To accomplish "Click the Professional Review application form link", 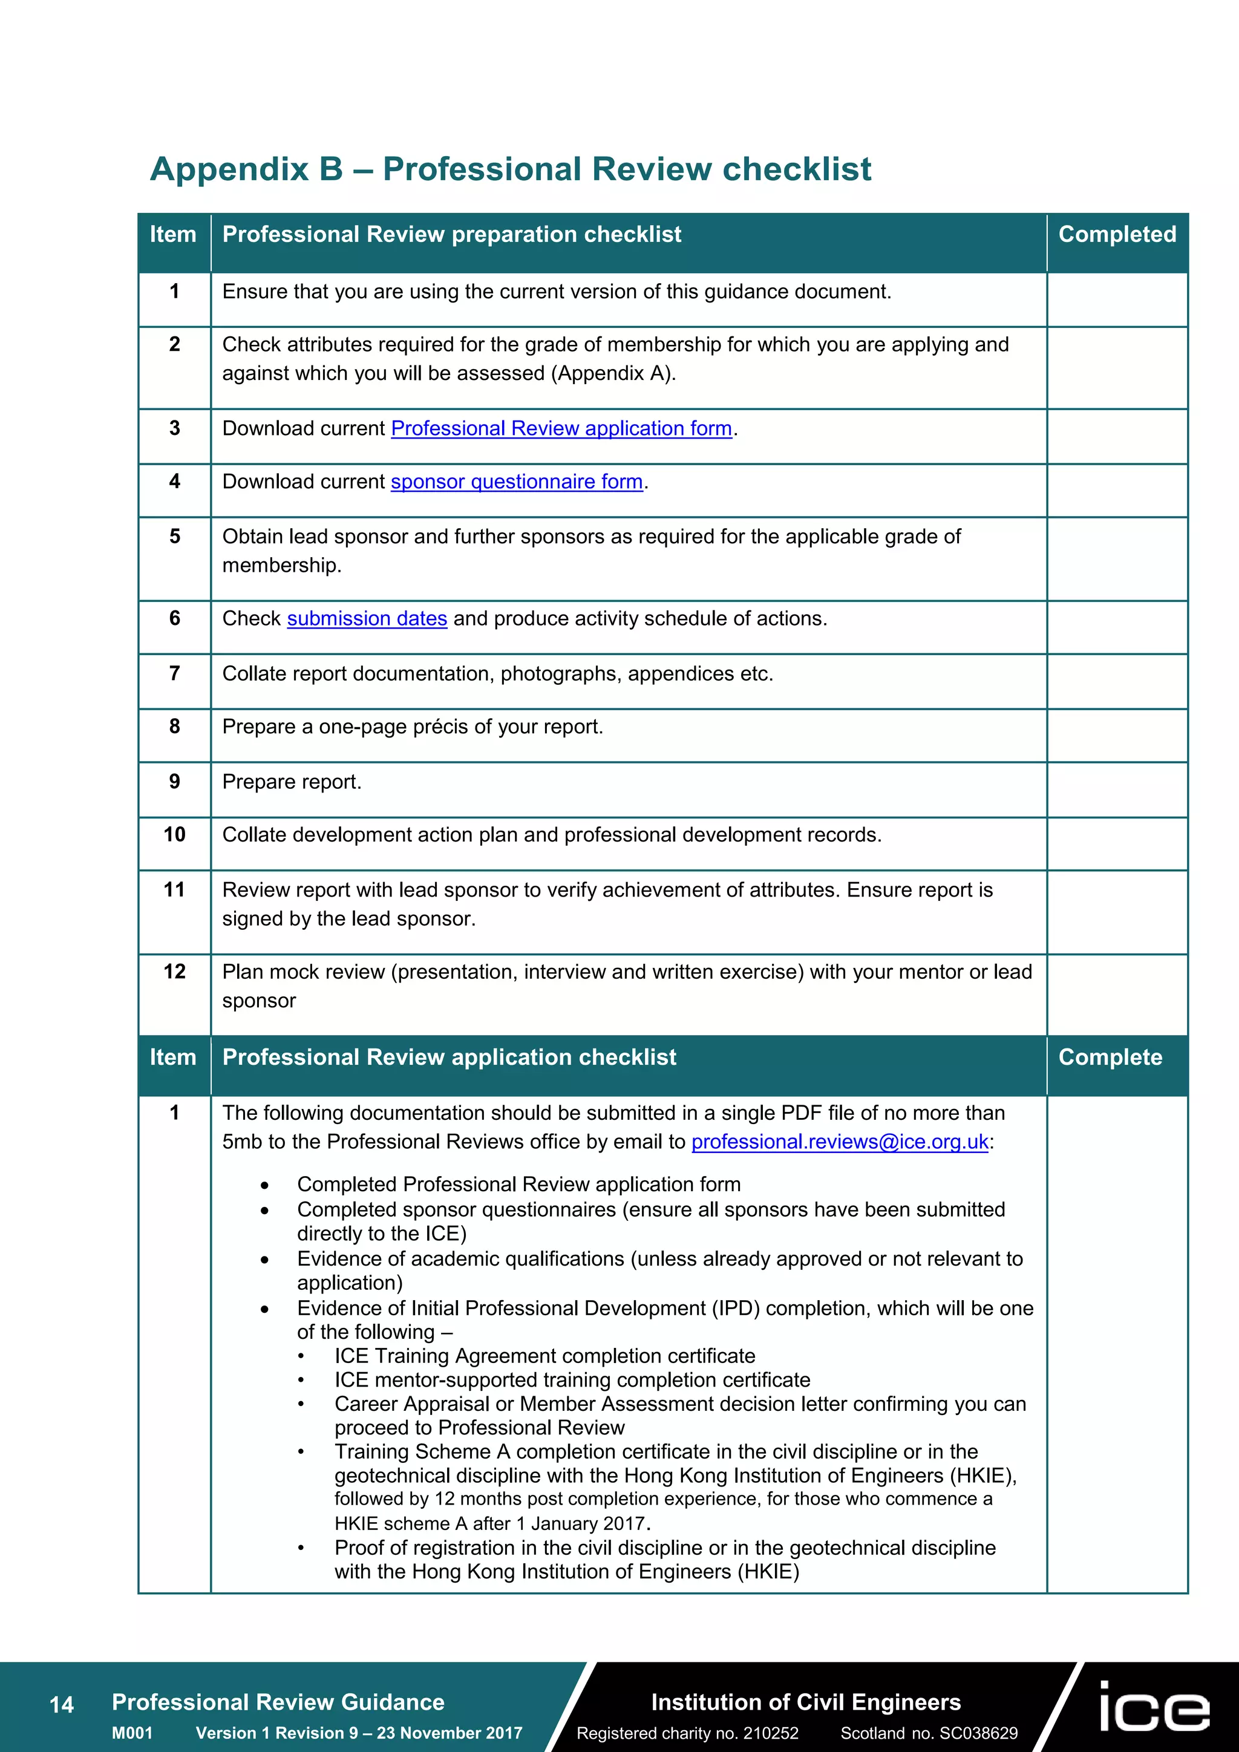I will click(561, 429).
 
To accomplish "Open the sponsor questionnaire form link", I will click(517, 482).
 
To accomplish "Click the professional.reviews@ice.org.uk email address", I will click(839, 1142).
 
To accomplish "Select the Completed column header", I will click(1116, 234).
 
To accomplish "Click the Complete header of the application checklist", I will click(1110, 1057).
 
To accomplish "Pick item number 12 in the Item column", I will click(175, 972).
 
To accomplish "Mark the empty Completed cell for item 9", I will click(1116, 789).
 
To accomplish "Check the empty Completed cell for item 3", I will click(1116, 436).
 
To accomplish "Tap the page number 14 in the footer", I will click(61, 1705).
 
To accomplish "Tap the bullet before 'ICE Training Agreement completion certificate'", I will click(301, 1358).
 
